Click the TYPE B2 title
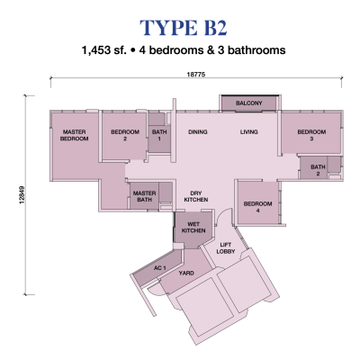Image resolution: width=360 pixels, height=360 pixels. click(183, 28)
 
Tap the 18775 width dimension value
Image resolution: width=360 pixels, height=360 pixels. click(196, 74)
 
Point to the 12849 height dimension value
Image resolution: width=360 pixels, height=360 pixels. click(22, 195)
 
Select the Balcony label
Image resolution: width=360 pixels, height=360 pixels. click(248, 103)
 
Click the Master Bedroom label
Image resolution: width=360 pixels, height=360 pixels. click(74, 135)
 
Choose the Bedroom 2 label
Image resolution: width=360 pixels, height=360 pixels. click(125, 135)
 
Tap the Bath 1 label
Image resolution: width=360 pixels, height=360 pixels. click(159, 135)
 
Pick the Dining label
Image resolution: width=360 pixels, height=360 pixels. click(198, 132)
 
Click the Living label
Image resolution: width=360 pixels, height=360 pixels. click(249, 132)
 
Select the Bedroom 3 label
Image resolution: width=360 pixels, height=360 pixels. click(311, 135)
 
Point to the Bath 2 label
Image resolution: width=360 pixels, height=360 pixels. click(318, 170)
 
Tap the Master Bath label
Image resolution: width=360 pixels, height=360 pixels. click(145, 196)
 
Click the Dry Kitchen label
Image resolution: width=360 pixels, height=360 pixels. click(196, 196)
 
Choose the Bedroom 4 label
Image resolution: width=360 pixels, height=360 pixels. click(258, 207)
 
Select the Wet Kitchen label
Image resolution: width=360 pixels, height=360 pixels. click(193, 228)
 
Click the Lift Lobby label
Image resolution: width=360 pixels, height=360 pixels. click(226, 248)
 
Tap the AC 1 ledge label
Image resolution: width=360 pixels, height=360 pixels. click(160, 268)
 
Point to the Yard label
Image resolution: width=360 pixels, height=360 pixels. click(186, 274)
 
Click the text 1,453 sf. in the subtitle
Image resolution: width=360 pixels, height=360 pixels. click(104, 50)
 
